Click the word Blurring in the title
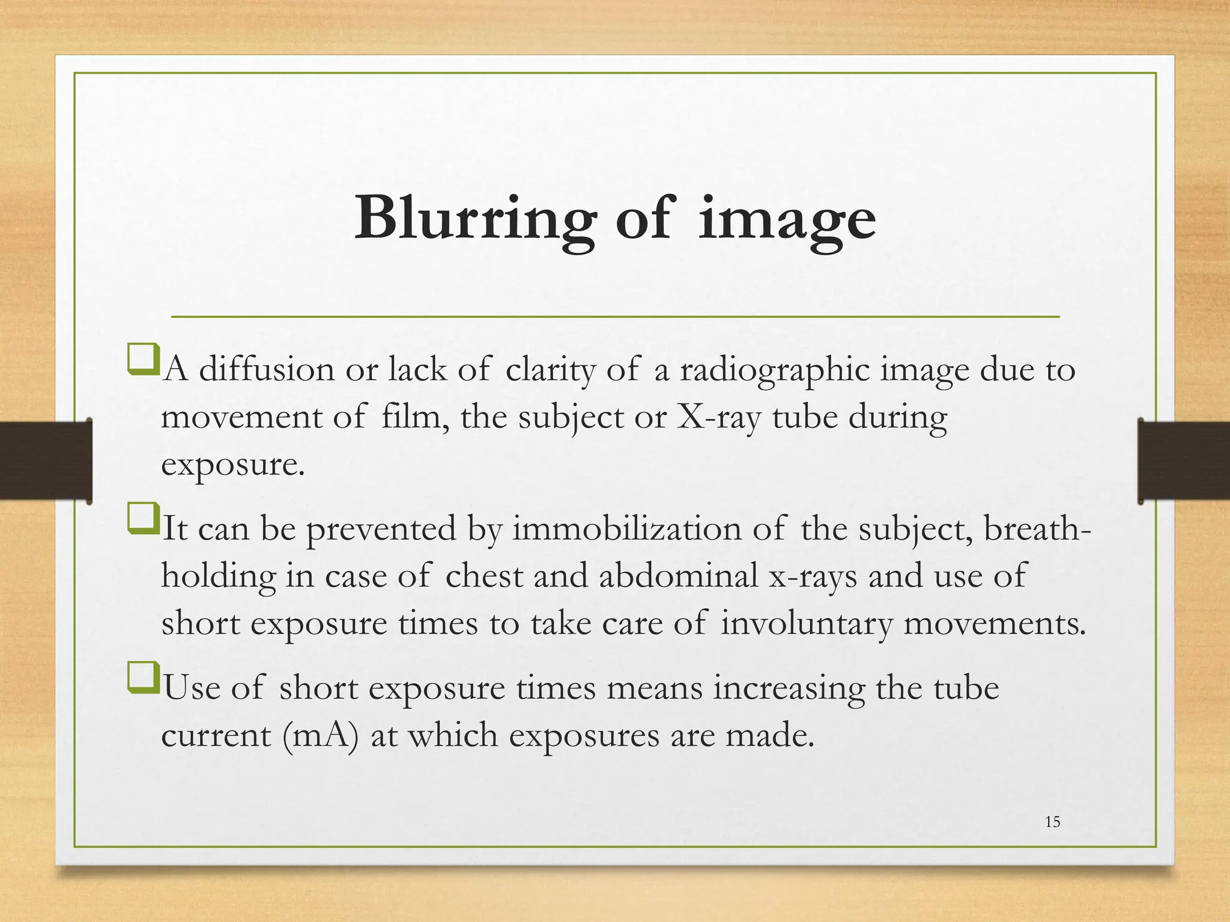tap(474, 219)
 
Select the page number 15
tap(1052, 822)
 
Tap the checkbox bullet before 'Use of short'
tap(143, 678)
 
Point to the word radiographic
tap(774, 370)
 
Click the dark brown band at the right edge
tap(1184, 460)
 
